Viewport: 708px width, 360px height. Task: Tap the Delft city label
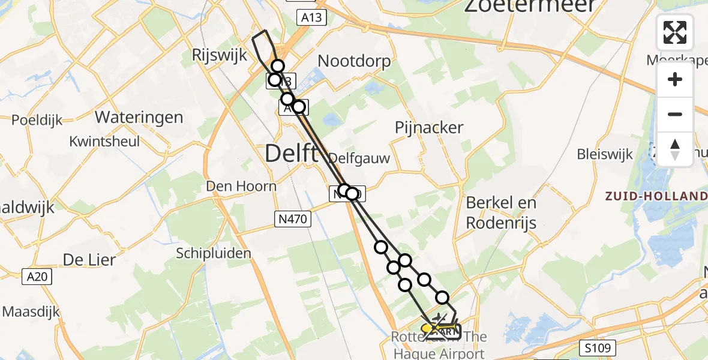click(292, 154)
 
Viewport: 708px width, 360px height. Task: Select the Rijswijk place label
click(219, 56)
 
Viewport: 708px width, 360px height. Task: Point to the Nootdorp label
click(354, 61)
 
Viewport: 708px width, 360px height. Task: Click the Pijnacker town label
click(429, 127)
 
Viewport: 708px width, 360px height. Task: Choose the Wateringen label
click(139, 117)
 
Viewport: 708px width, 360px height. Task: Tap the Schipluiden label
click(214, 253)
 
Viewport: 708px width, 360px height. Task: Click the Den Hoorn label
click(241, 186)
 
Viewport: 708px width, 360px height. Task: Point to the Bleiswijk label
click(605, 154)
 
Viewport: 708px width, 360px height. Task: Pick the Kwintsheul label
click(104, 142)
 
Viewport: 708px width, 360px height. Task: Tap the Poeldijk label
click(37, 121)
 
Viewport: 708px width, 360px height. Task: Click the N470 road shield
click(294, 219)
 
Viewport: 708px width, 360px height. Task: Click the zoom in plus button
click(675, 79)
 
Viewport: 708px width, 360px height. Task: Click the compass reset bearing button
click(675, 149)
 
